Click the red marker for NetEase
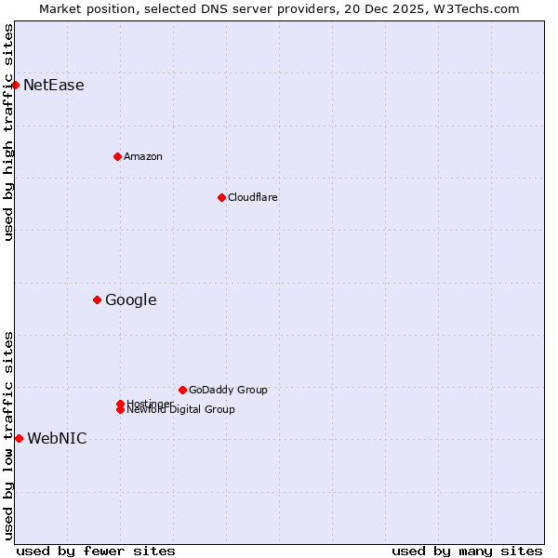(x=15, y=86)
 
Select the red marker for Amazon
(x=117, y=156)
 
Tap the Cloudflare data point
(x=221, y=197)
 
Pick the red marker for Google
(x=97, y=299)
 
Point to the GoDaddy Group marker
(x=182, y=390)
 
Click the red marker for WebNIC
(x=19, y=438)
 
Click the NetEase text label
(x=54, y=86)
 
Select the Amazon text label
(x=143, y=156)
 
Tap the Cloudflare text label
(x=253, y=197)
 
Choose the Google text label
(x=131, y=299)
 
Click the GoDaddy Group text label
(x=228, y=390)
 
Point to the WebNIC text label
(x=57, y=439)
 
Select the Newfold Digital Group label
(x=181, y=410)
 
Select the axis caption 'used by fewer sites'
(x=96, y=551)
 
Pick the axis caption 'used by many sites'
(x=467, y=551)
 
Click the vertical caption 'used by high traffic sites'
(x=8, y=132)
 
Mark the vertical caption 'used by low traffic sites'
(x=8, y=435)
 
